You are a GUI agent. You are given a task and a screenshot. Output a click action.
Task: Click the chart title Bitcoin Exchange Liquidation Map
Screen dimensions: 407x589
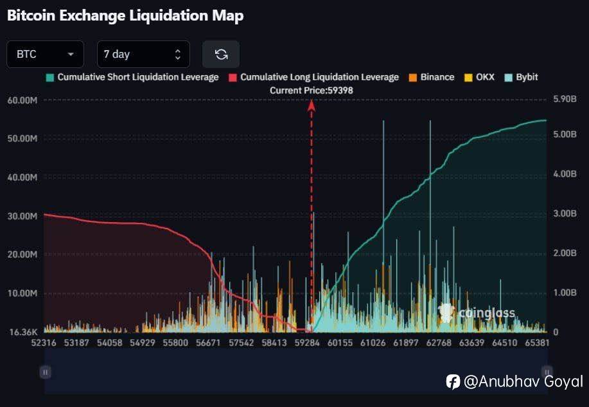[x=125, y=16]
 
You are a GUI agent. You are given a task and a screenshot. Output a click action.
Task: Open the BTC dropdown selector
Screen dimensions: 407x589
[x=45, y=55]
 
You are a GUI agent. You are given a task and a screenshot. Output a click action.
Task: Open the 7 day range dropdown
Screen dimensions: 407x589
[x=143, y=55]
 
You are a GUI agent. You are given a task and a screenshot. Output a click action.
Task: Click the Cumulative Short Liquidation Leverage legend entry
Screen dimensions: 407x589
[x=132, y=77]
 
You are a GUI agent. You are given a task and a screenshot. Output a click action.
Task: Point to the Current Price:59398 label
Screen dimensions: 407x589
[x=311, y=91]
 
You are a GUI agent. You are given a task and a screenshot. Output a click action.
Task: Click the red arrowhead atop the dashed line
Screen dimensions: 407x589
[x=312, y=105]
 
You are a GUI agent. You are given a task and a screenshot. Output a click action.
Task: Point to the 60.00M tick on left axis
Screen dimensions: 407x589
[x=22, y=100]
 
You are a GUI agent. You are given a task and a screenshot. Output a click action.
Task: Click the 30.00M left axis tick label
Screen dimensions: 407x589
[x=22, y=216]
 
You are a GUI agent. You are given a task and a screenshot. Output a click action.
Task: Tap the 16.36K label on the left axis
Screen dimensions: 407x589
[x=23, y=332]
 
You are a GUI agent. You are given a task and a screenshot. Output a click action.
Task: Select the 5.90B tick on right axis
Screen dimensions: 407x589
[x=567, y=100]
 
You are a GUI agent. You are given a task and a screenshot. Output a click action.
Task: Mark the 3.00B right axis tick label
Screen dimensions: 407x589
[x=567, y=214]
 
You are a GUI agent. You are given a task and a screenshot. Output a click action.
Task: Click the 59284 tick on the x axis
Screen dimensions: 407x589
[x=308, y=343]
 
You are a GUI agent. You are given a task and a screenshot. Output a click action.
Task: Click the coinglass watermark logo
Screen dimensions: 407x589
[x=477, y=313]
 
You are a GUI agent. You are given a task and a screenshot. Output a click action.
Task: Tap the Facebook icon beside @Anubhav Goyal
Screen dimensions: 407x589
[x=453, y=381]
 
